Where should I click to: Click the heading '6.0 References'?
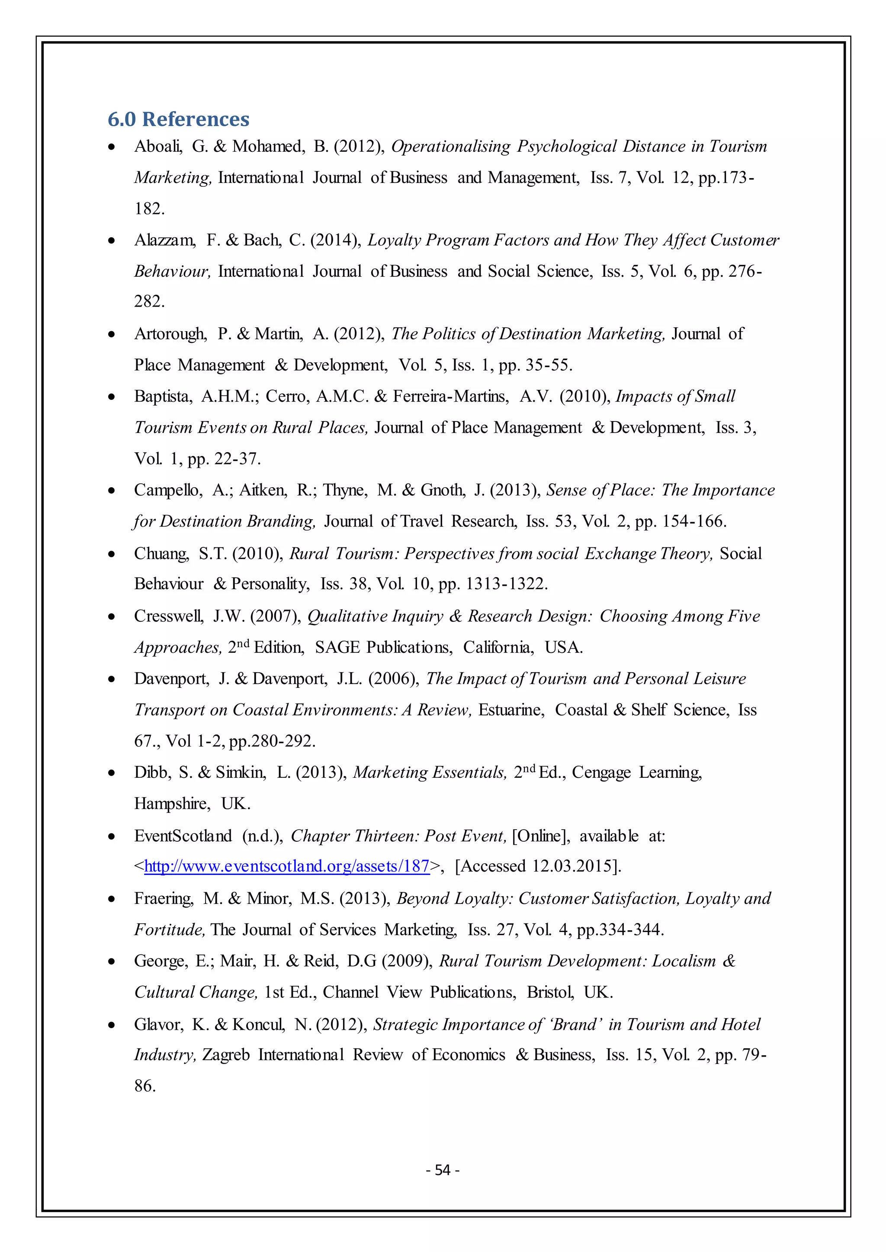pos(178,119)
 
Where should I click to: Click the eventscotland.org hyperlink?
pos(286,866)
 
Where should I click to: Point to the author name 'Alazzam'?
pos(165,240)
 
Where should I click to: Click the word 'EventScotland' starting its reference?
pos(183,835)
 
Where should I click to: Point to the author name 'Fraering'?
pos(164,898)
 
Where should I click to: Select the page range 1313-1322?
pos(506,584)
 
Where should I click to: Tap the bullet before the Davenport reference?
pos(112,680)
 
